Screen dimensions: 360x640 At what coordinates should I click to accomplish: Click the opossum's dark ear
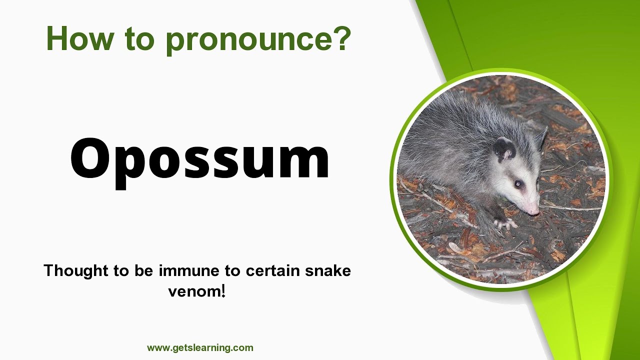click(504, 149)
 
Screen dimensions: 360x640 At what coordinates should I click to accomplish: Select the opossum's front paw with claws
click(504, 223)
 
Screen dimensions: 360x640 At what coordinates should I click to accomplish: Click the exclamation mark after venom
click(223, 290)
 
